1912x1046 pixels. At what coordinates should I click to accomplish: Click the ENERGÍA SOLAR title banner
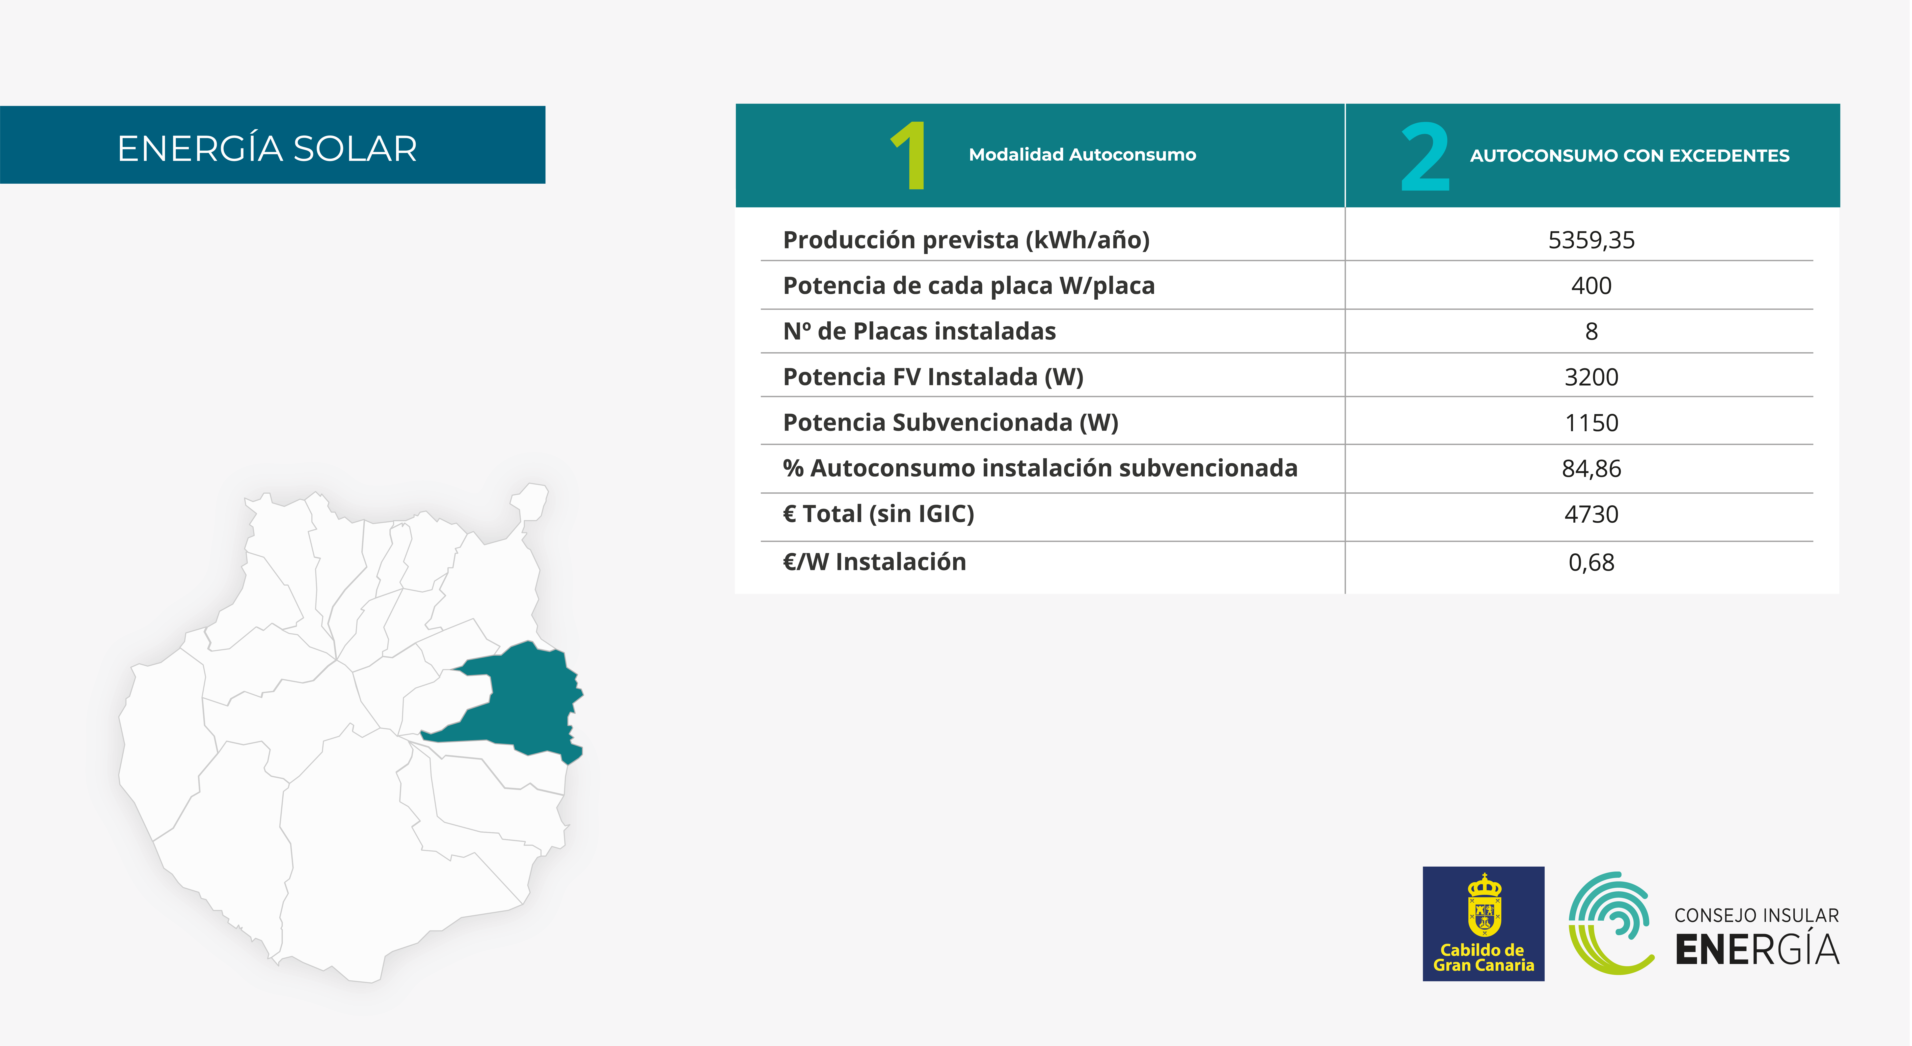272,145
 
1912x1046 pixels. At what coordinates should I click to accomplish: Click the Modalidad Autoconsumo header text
1082,154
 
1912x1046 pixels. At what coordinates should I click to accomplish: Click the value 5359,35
1591,240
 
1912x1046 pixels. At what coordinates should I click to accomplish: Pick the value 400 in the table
1591,286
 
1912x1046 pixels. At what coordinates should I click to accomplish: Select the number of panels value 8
1591,331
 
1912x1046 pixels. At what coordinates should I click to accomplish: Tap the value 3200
1591,377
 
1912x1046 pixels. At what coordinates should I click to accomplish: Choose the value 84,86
1591,468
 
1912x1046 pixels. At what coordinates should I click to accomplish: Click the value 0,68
1591,562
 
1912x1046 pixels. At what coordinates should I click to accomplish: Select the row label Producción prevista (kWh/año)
966,240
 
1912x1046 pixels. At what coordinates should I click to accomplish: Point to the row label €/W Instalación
874,562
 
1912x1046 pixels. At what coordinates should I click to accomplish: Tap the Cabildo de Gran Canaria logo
1483,924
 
